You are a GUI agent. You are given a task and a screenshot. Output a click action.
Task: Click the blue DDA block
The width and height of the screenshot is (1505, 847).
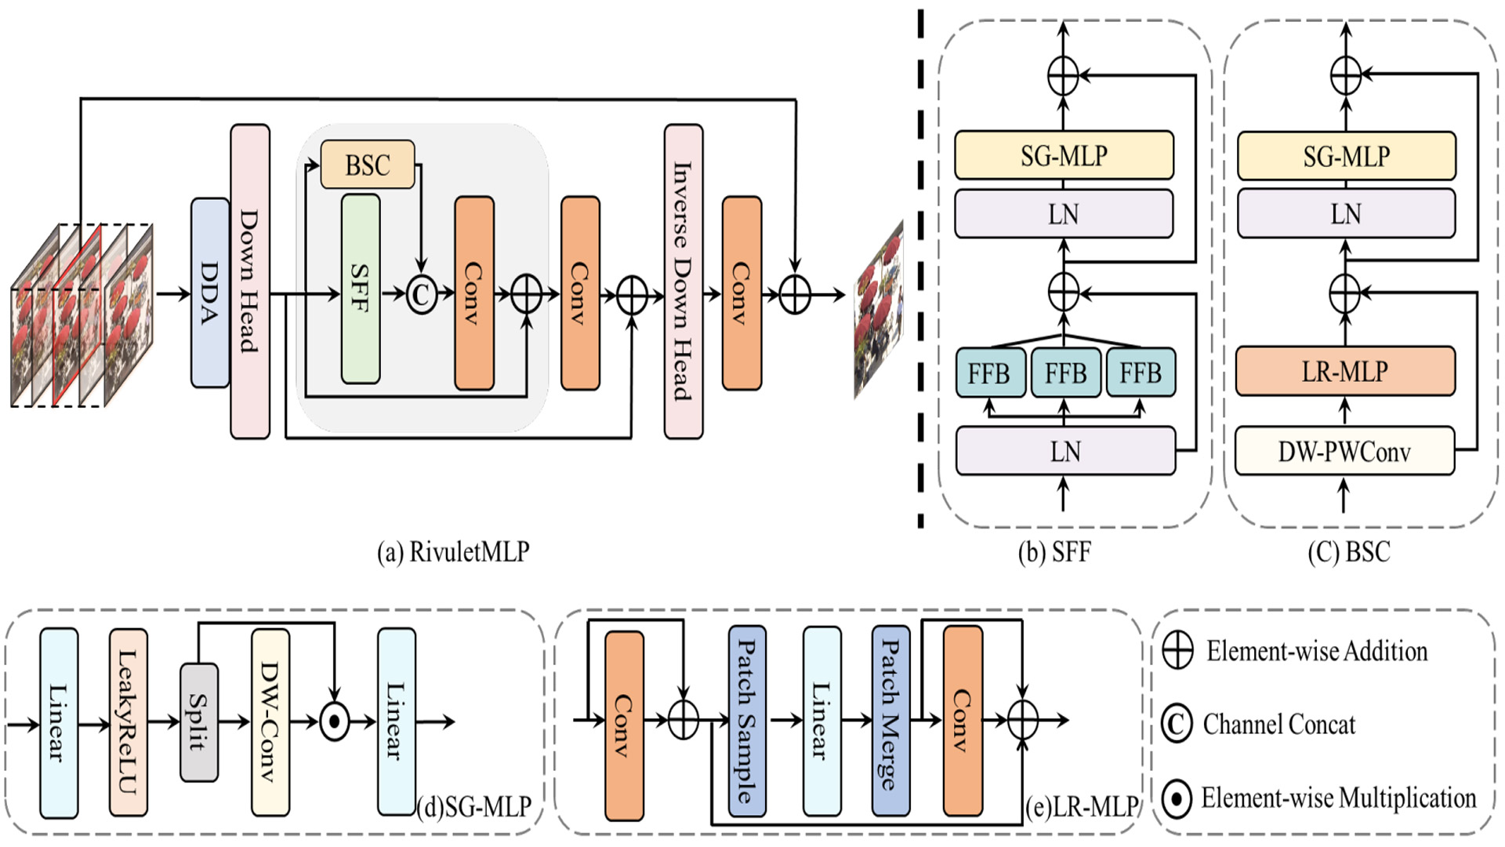click(209, 293)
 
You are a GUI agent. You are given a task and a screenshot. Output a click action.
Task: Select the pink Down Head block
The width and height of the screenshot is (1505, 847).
click(249, 281)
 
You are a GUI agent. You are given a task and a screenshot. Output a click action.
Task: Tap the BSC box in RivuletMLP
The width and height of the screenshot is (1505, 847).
click(368, 165)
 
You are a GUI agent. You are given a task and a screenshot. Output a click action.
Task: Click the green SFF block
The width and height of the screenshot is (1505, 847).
click(361, 289)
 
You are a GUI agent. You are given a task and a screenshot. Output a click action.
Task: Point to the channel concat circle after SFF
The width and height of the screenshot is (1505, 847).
click(422, 295)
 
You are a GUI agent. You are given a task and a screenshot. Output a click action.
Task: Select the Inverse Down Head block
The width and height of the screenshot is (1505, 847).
click(683, 281)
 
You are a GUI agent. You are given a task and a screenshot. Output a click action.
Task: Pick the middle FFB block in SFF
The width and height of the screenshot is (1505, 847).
click(1064, 373)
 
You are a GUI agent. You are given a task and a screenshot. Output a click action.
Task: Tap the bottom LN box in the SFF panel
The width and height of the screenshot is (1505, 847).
click(1064, 451)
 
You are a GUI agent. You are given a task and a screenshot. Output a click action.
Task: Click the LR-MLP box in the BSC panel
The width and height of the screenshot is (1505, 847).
click(1345, 371)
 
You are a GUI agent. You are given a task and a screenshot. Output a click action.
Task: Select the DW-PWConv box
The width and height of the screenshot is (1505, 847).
click(1344, 451)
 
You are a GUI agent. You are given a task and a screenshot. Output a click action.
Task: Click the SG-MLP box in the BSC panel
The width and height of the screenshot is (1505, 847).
click(1346, 156)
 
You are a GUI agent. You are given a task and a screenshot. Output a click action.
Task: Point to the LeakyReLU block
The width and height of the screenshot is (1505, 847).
click(128, 722)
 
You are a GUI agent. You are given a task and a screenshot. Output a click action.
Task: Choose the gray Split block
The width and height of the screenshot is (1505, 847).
click(198, 722)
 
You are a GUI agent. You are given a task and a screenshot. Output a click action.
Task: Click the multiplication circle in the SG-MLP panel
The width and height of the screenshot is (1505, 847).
click(335, 722)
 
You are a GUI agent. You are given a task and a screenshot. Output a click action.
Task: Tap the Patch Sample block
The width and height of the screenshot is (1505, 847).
click(746, 720)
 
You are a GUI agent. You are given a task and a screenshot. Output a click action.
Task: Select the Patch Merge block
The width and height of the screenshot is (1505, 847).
click(890, 720)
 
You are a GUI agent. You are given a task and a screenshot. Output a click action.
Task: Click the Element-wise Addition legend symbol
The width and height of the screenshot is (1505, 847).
click(1177, 650)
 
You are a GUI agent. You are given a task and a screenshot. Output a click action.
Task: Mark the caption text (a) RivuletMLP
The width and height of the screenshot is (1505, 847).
click(453, 552)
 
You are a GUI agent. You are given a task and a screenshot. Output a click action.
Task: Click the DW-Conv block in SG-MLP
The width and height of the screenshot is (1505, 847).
click(270, 722)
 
